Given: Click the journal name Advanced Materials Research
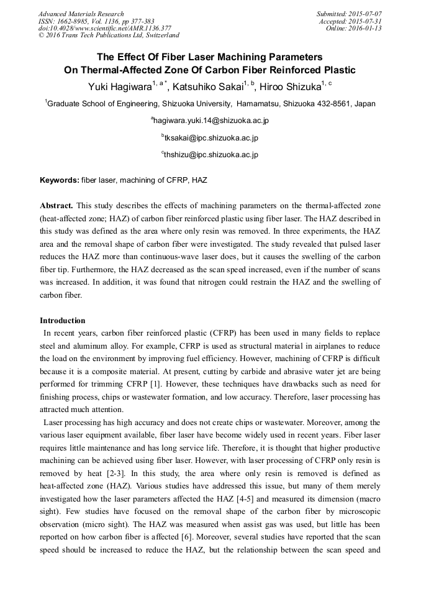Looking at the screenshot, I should [81, 14].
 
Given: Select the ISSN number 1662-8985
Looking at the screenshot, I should [74, 21].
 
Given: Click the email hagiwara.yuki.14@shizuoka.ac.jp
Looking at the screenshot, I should [211, 121].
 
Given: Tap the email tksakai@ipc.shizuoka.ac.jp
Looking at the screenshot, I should [211, 137].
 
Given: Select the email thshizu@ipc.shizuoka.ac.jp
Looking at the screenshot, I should [211, 155].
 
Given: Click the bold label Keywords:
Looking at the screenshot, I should [60, 180].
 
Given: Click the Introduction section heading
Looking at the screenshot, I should [63, 321].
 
